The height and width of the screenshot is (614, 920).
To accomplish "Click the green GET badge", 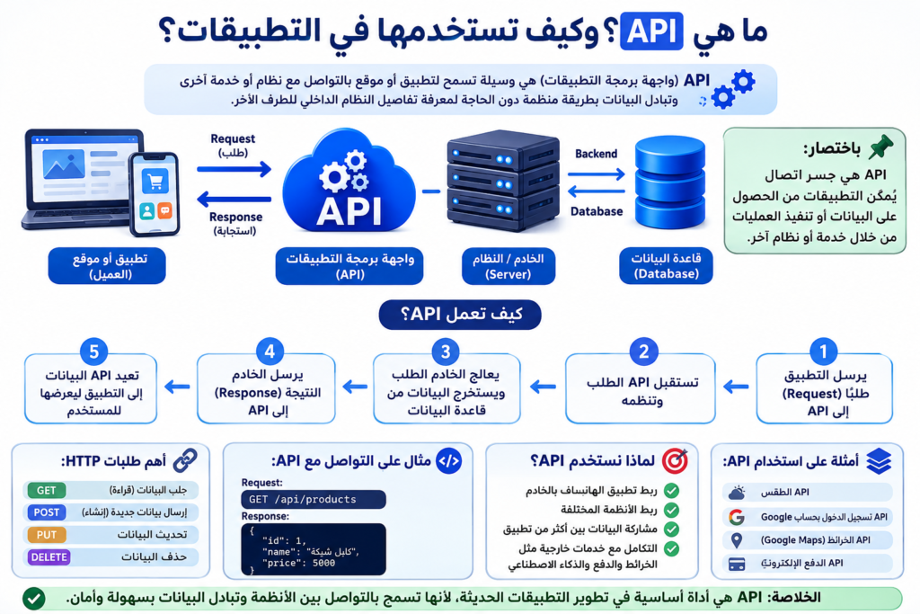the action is click(47, 490).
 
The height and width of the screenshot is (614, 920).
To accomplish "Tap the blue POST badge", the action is click(47, 512).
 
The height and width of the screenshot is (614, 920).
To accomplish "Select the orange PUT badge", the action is click(47, 535).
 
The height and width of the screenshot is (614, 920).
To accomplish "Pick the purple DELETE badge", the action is click(49, 557).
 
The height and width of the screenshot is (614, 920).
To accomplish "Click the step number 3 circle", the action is click(446, 351).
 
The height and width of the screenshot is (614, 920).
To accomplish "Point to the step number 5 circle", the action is click(93, 351).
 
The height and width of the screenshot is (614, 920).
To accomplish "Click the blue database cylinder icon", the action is click(670, 182).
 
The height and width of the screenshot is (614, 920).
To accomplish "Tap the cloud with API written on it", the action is click(349, 182).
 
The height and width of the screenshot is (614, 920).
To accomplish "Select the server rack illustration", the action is click(503, 181).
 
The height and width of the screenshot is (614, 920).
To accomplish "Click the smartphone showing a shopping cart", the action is click(155, 194).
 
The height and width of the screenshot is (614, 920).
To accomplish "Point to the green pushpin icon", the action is click(880, 147).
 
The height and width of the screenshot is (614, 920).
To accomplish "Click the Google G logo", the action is click(737, 517).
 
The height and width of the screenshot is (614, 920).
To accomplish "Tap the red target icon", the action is click(675, 461).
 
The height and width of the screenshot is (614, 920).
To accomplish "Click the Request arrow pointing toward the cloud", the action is click(234, 170).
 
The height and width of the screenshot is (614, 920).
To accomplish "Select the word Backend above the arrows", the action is click(597, 154).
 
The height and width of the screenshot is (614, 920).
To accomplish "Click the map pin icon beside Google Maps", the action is click(737, 540).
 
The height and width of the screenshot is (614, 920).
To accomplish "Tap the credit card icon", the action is click(737, 564).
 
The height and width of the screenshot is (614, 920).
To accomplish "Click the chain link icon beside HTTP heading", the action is click(185, 461).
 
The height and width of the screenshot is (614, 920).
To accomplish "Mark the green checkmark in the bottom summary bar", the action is click(34, 599).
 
